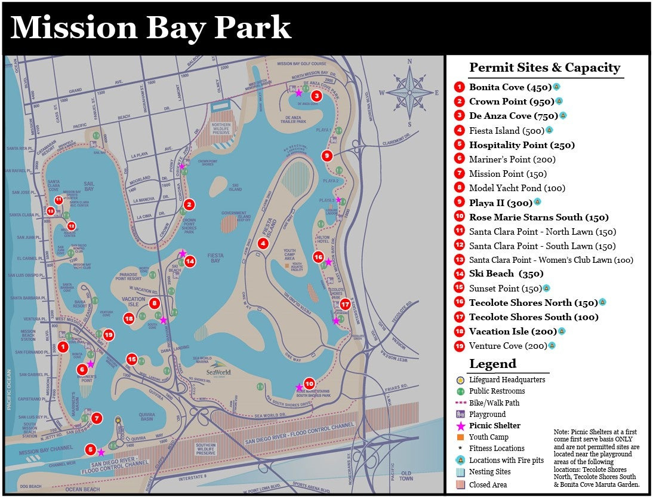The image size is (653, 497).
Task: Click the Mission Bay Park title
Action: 150,28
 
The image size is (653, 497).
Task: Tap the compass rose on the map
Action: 409,92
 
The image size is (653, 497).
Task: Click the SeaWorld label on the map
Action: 217,372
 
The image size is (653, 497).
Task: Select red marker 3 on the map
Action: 316,96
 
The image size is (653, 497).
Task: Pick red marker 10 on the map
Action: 309,384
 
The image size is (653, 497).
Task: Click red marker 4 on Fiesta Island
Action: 263,243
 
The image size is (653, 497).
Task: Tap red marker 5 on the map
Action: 91,449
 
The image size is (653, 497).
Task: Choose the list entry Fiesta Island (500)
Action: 503,130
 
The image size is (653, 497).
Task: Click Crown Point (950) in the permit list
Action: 506,102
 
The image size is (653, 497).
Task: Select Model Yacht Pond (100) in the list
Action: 517,188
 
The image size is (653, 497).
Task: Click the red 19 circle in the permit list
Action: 459,346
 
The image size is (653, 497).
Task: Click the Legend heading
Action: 492,364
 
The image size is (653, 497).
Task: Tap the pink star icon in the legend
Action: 460,426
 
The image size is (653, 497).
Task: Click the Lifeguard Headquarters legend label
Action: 507,379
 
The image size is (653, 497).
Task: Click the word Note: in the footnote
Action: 563,431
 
